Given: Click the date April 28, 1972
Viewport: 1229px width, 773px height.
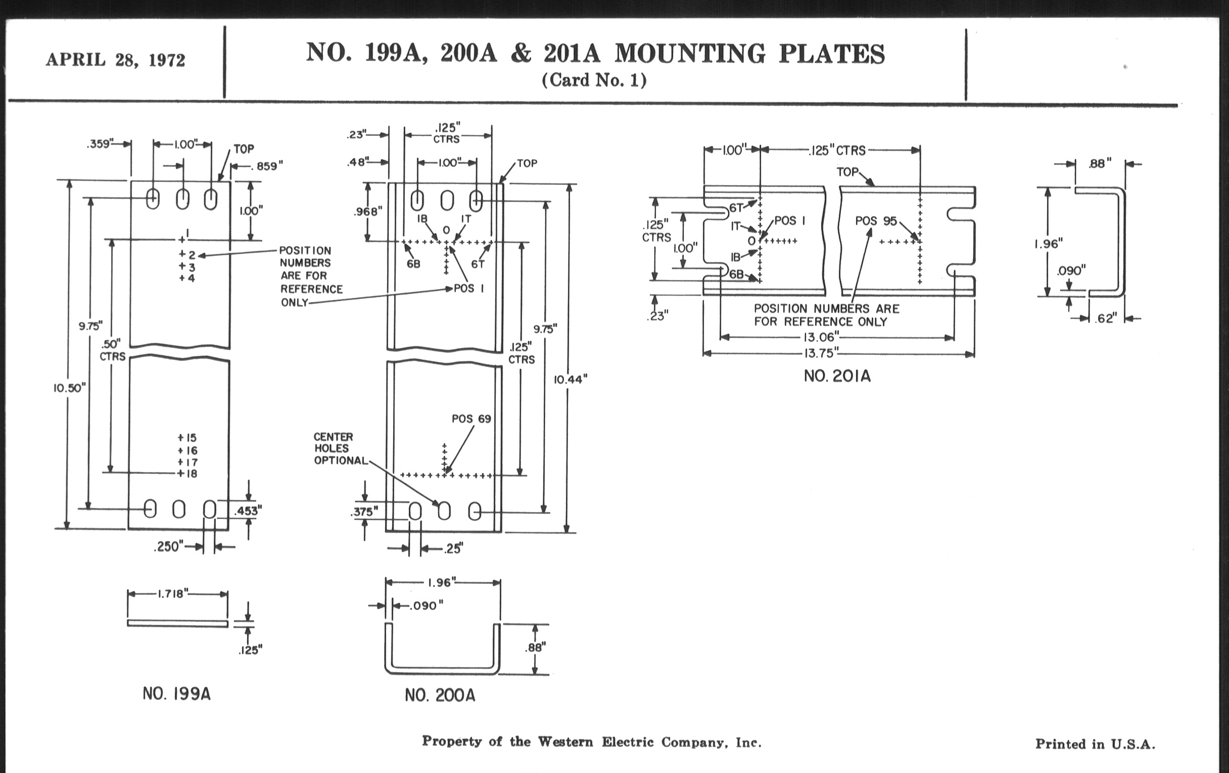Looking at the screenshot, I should pos(115,60).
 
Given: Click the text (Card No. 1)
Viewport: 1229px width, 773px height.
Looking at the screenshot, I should pos(594,80).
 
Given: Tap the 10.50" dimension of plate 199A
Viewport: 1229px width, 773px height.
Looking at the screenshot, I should pos(69,388).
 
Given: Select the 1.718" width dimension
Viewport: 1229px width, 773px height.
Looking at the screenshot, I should pos(173,593).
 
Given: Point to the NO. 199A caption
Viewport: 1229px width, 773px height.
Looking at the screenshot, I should pos(176,694).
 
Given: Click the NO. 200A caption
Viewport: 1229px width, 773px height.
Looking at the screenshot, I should pos(440,695).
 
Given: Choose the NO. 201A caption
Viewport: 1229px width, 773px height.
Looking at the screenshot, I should pos(837,376).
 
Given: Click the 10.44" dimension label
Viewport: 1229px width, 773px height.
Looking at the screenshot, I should pos(571,378).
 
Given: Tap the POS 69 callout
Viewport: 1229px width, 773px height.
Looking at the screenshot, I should pos(471,419).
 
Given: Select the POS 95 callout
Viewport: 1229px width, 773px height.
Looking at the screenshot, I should pos(876,221).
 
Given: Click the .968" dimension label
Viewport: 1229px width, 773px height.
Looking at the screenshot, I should pos(367,211).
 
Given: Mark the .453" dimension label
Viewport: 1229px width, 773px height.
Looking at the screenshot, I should pos(248,511).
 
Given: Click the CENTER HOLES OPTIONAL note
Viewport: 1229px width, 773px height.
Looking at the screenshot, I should pos(340,449).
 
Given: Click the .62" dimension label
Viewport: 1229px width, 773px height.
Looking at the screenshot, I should pos(1106,318).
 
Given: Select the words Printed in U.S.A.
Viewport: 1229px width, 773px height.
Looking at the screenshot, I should pos(1095,744).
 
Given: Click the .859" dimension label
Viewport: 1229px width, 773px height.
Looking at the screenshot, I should pos(269,166).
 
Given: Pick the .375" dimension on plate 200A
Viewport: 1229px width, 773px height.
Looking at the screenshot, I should pos(364,512).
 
